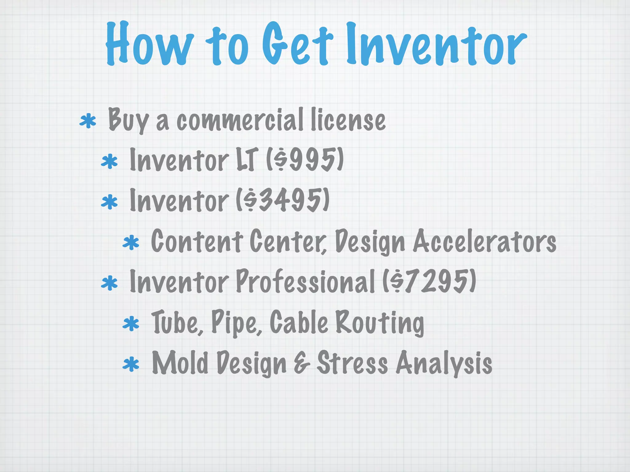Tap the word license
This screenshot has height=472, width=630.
[x=348, y=120]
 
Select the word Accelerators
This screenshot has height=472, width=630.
[x=484, y=241]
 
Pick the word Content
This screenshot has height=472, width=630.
[x=197, y=241]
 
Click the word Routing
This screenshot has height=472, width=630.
[x=379, y=323]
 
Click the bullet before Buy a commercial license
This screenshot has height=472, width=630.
[x=88, y=121]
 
